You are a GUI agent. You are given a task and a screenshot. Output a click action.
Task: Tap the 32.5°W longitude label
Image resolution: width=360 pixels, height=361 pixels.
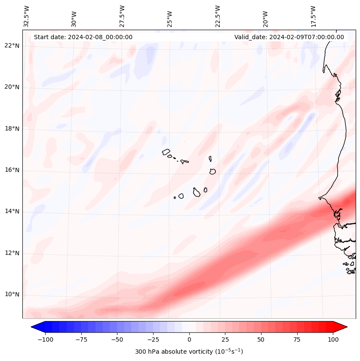(27, 16)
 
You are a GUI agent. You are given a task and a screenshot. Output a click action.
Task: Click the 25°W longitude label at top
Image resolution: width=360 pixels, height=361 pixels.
(170, 16)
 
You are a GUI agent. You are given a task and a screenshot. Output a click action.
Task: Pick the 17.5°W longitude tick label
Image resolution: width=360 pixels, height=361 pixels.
(313, 16)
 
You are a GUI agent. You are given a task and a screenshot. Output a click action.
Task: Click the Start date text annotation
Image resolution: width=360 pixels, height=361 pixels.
(83, 37)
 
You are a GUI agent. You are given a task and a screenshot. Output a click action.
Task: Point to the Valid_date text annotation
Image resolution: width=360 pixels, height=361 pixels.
(289, 37)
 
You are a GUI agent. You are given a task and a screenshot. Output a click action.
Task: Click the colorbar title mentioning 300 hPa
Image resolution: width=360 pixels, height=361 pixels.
(189, 352)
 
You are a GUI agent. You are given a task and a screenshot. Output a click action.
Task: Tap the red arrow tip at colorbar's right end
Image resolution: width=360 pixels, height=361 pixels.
(343, 327)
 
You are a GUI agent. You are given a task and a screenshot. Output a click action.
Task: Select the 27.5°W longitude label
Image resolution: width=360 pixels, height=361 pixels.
(122, 16)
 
